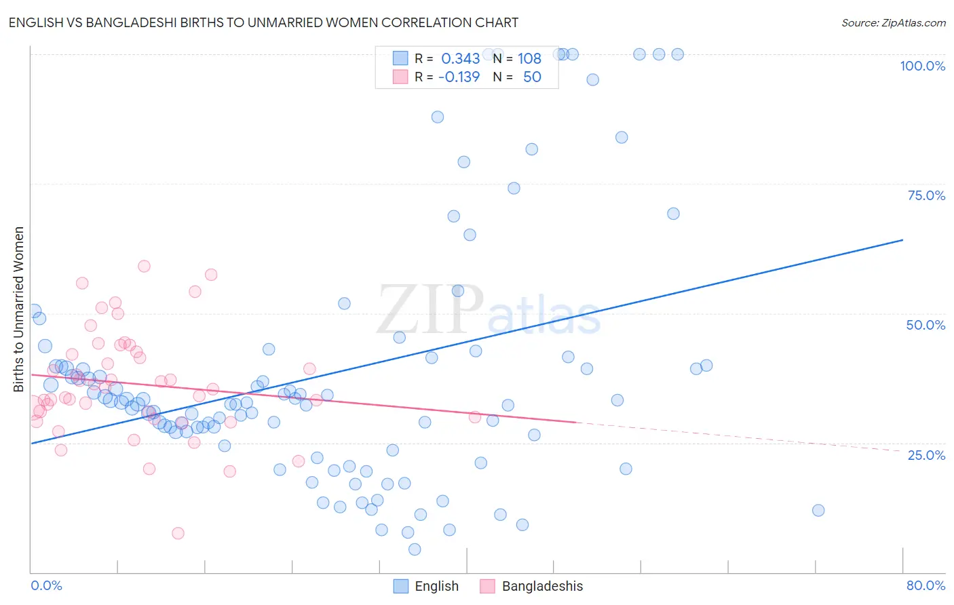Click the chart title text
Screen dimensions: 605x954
[263, 22]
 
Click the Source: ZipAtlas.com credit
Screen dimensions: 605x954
[893, 22]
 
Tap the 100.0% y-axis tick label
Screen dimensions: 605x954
[922, 66]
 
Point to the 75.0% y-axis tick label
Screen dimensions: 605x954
[926, 195]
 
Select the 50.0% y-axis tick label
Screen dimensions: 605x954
[925, 325]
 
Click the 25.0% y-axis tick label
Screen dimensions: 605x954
[926, 454]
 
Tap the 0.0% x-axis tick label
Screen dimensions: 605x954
[46, 585]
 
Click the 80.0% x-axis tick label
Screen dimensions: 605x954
[926, 585]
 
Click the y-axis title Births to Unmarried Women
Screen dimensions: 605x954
[18, 309]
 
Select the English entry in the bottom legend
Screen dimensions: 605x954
[436, 587]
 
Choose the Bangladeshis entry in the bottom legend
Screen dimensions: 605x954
[541, 587]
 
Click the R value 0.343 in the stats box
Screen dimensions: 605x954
[460, 58]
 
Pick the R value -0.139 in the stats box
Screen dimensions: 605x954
[459, 77]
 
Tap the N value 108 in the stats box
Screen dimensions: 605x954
[529, 58]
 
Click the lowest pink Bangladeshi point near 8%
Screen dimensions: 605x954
[178, 533]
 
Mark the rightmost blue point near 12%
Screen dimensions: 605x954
[818, 510]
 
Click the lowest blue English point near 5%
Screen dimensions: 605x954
[415, 549]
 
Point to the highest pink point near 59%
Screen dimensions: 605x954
[144, 266]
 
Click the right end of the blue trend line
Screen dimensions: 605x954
[902, 240]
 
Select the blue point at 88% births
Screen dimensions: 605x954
[438, 117]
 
